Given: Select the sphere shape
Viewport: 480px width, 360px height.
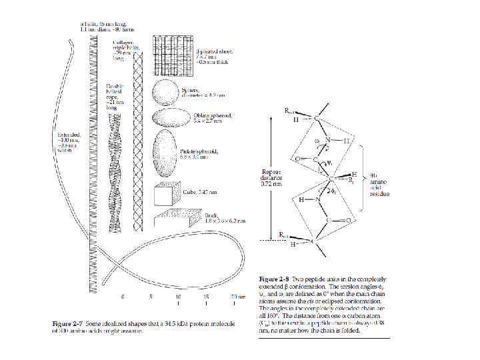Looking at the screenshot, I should (x=167, y=92).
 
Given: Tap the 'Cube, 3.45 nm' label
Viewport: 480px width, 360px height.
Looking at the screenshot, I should (x=198, y=190).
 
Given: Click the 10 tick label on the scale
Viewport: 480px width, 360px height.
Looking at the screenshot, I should (x=178, y=296).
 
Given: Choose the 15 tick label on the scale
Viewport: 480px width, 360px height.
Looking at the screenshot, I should (x=206, y=296).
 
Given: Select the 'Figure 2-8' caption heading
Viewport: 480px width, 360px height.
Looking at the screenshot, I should (x=273, y=277).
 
